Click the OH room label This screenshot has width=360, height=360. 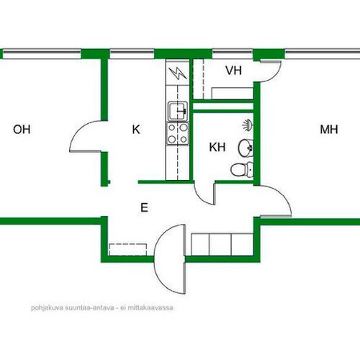pyautogui.click(x=22, y=130)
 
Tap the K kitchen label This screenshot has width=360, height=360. pyautogui.click(x=136, y=130)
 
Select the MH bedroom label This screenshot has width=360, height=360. pyautogui.click(x=329, y=130)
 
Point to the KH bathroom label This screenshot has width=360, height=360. pyautogui.click(x=217, y=147)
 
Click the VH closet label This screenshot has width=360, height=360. pyautogui.click(x=233, y=71)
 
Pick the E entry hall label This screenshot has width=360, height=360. pyautogui.click(x=144, y=207)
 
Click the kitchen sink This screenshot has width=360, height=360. pyautogui.click(x=178, y=111)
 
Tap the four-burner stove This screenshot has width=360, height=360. pyautogui.click(x=178, y=134)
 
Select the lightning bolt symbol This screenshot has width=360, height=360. pyautogui.click(x=178, y=73)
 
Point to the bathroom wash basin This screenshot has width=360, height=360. pyautogui.click(x=246, y=148)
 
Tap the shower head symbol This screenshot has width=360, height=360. pyautogui.click(x=248, y=125)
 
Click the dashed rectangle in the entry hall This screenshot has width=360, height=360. pyautogui.click(x=128, y=250)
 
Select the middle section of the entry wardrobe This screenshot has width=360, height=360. pyautogui.click(x=220, y=244)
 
